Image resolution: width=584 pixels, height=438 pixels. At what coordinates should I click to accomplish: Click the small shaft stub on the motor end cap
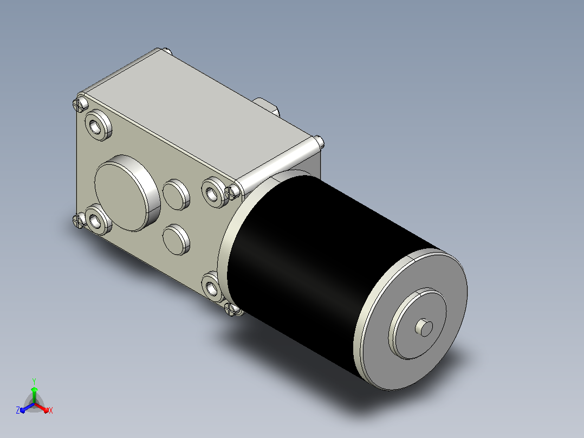(x=424, y=327)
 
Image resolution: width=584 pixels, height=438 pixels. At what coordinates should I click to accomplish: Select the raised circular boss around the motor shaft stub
(x=417, y=323)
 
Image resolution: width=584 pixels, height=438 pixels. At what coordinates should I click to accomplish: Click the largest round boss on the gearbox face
(x=127, y=193)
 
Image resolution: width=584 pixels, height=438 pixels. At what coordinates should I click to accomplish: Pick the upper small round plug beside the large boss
(x=176, y=195)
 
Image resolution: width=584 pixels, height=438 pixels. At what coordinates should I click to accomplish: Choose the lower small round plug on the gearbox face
(x=176, y=240)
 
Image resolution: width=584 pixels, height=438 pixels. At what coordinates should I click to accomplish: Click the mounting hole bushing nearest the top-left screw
(x=99, y=125)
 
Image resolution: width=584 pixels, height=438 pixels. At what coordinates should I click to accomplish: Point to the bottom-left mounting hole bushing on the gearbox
(x=99, y=220)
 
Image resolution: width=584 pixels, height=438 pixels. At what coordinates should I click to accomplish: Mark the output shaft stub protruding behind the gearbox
(x=267, y=106)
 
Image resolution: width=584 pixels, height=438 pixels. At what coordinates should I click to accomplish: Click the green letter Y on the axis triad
(x=34, y=381)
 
